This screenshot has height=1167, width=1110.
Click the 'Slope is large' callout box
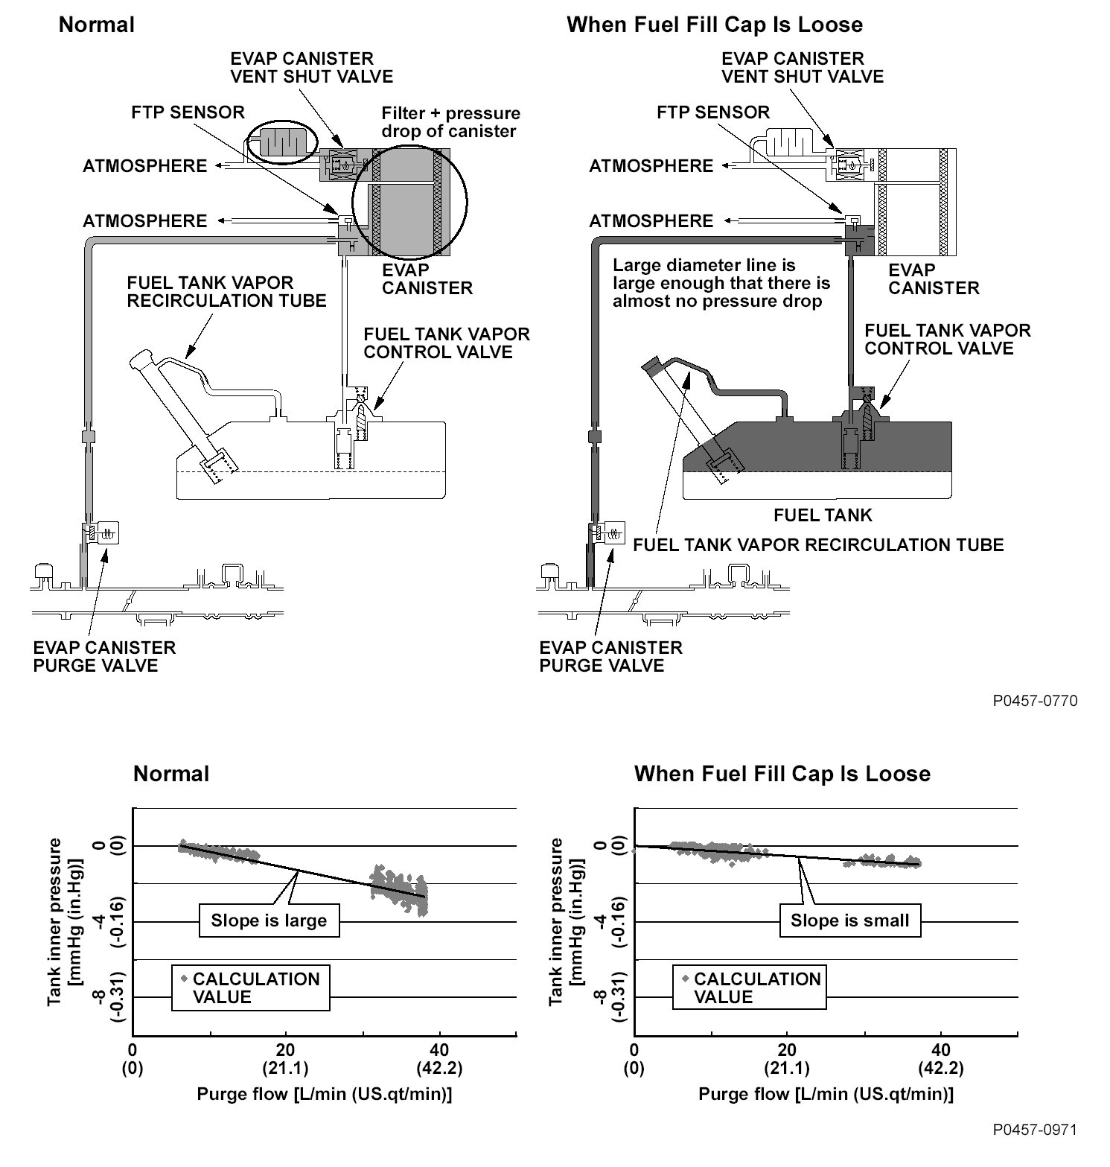tap(269, 920)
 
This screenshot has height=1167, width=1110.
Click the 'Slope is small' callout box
tap(849, 920)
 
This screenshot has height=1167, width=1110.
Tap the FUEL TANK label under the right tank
tap(823, 515)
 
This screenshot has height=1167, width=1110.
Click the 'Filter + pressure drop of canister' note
tap(450, 122)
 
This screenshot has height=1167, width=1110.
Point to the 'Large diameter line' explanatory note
tap(721, 283)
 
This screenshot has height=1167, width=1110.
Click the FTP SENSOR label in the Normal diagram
tap(188, 112)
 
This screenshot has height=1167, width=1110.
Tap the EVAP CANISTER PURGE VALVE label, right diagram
tap(610, 656)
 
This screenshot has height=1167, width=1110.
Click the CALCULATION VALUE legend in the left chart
tap(251, 988)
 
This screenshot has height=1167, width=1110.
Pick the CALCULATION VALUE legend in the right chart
tap(751, 988)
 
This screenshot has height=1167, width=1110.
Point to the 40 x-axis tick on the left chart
tap(439, 1050)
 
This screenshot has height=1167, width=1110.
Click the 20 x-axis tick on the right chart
tap(786, 1050)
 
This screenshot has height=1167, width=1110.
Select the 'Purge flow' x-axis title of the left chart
tap(324, 1094)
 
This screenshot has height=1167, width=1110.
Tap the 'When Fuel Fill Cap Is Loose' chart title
tap(782, 774)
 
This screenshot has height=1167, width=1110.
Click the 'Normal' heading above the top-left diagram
tap(97, 25)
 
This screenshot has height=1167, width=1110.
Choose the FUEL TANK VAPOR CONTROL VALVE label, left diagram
tap(447, 343)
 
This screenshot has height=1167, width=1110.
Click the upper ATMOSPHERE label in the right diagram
tap(651, 166)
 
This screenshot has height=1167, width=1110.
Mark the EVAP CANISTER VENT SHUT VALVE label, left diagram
tap(312, 67)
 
